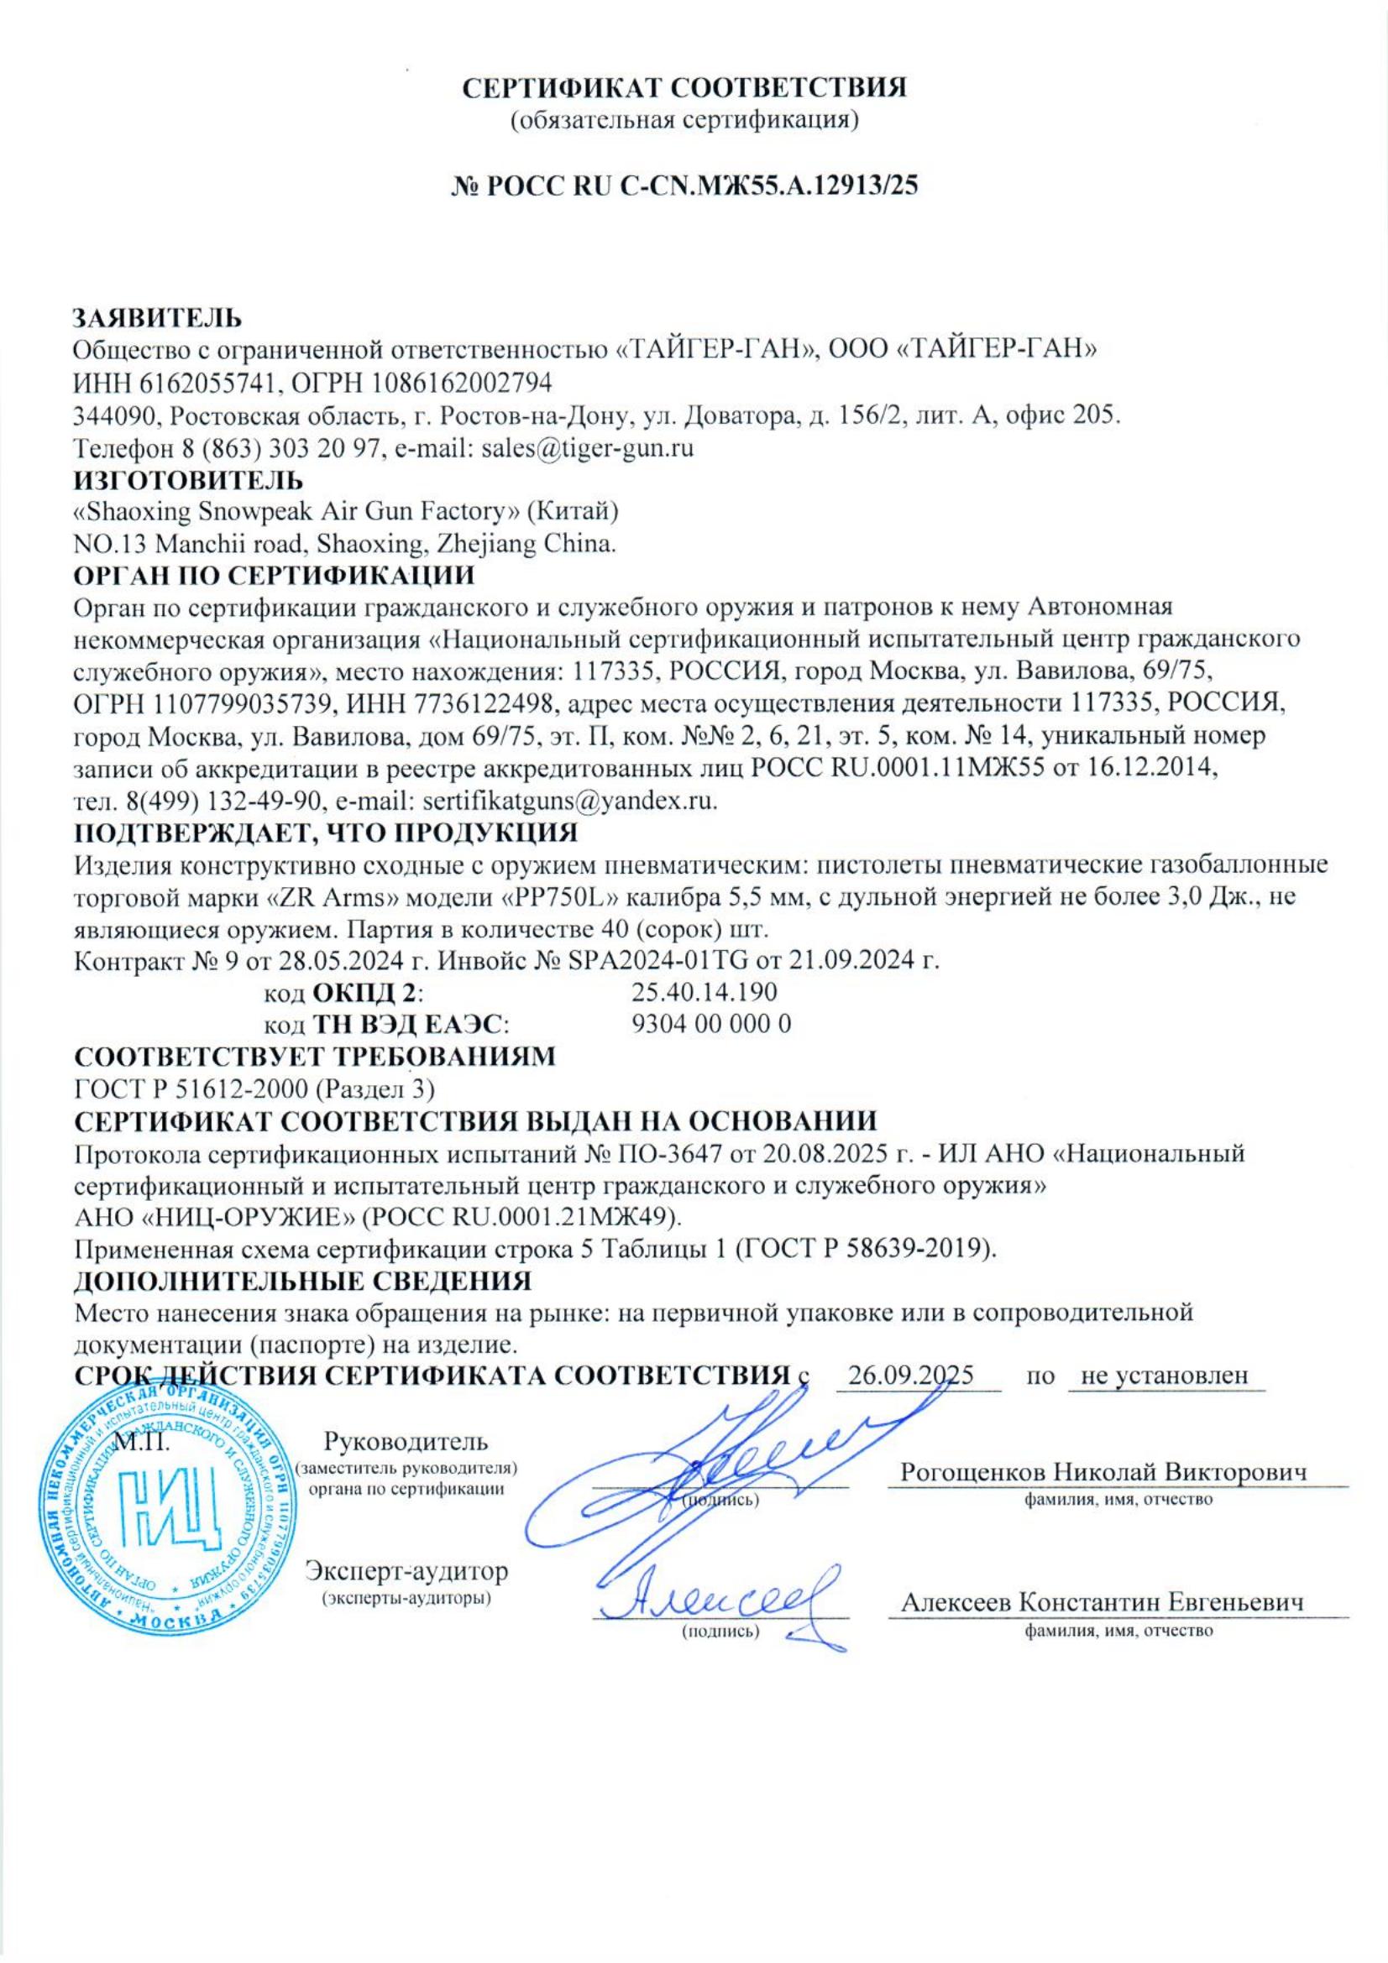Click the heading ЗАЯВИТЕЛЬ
[x=157, y=318]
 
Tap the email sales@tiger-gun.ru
[x=587, y=447]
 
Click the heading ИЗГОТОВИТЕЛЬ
[x=188, y=480]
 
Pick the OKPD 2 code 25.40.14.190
[x=703, y=992]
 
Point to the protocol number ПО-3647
[x=665, y=1153]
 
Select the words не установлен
[x=1165, y=1376]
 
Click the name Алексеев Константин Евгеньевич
[x=1103, y=1603]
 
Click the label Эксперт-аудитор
[x=406, y=1571]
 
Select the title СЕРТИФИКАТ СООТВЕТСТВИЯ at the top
[x=684, y=88]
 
